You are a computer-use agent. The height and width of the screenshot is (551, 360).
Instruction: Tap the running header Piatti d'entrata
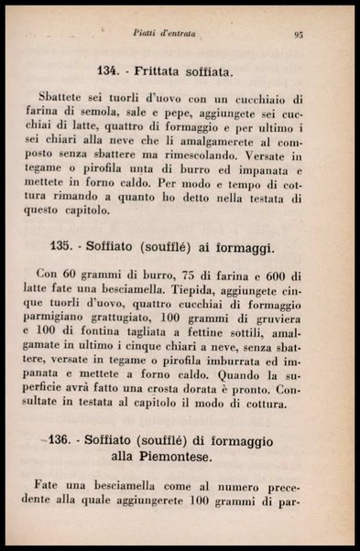[x=189, y=34]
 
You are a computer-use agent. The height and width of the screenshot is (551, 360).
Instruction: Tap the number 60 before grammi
[x=73, y=275]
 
